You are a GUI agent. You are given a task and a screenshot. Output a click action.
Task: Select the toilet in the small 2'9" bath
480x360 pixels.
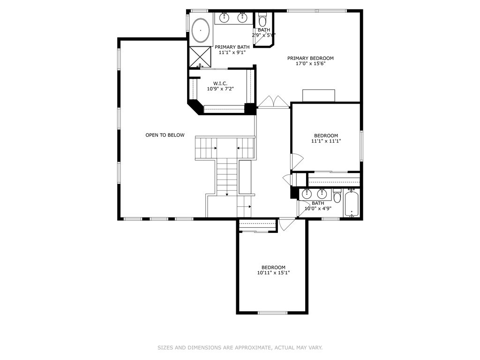pyautogui.click(x=262, y=21)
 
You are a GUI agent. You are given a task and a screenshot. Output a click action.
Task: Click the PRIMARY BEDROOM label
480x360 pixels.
pyautogui.click(x=310, y=58)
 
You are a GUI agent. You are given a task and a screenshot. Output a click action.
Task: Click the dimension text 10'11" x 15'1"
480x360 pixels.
pyautogui.click(x=273, y=273)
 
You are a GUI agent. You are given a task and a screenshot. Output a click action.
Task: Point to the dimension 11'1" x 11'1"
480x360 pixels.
pyautogui.click(x=325, y=141)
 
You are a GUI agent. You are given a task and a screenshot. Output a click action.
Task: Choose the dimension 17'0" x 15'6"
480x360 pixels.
pyautogui.click(x=310, y=64)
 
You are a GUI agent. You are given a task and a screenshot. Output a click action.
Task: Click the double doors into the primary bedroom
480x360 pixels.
pyautogui.click(x=273, y=102)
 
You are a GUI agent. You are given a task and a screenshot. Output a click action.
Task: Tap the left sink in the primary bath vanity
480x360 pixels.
pyautogui.click(x=225, y=18)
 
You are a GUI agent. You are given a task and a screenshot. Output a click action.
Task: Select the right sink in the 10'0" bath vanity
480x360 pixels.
pyautogui.click(x=322, y=193)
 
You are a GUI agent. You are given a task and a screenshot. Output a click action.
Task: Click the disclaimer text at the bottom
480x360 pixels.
pyautogui.click(x=240, y=347)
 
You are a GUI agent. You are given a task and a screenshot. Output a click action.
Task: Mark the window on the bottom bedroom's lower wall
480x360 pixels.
pyautogui.click(x=272, y=312)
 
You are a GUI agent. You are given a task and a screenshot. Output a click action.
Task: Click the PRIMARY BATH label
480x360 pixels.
pyautogui.click(x=232, y=47)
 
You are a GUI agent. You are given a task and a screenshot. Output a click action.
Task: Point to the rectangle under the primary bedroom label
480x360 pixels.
pyautogui.click(x=318, y=95)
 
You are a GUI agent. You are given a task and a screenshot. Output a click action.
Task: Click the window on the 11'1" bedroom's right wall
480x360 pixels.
pyautogui.click(x=361, y=144)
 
